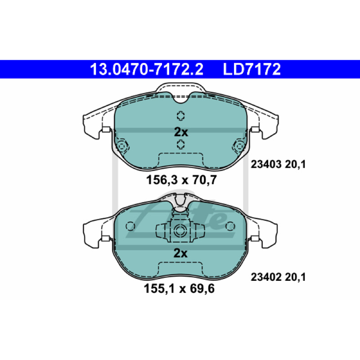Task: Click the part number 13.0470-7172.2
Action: coord(147,69)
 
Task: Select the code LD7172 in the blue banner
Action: coord(252,69)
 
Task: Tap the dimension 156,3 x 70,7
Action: coord(181,180)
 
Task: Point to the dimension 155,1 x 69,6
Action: coord(179,288)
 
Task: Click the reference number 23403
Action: coord(266,164)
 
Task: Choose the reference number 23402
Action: coord(266,277)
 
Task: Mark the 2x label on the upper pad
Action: coord(181,132)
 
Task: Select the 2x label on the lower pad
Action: coord(180,253)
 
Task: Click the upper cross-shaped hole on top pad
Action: coord(181,116)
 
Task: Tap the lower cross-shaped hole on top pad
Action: coord(181,144)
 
